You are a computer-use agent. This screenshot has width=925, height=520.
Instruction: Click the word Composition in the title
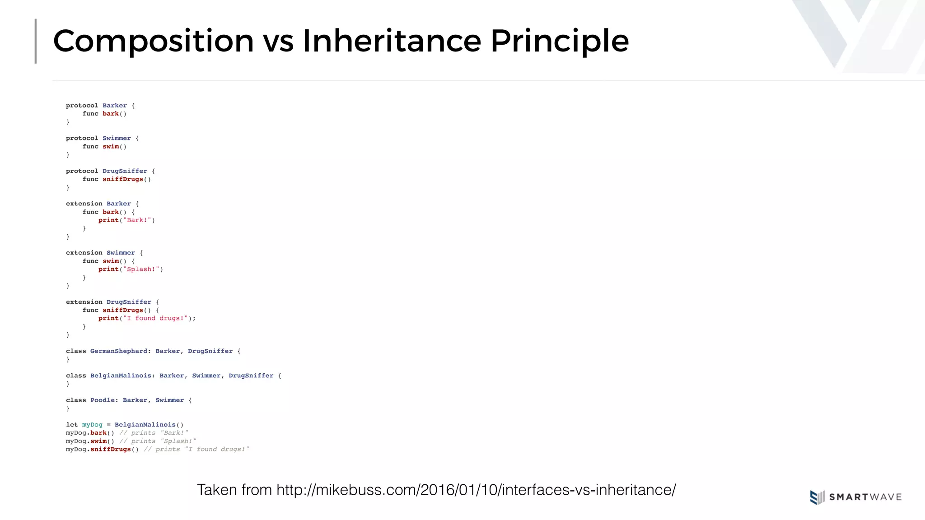[153, 42]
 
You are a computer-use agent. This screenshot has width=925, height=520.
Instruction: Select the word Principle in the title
[559, 42]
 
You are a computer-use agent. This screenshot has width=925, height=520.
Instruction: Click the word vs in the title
[278, 42]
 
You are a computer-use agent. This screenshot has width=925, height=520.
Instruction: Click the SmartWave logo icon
[817, 497]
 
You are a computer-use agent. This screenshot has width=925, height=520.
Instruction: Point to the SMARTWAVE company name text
[865, 497]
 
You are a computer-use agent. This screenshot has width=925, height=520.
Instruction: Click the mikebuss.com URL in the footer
[476, 490]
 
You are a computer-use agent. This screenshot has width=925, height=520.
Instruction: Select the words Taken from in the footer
[234, 490]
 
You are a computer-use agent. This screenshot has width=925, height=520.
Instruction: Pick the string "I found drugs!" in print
[155, 318]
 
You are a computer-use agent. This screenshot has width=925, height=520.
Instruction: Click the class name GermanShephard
[119, 351]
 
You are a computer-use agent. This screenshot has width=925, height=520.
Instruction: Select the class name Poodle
[103, 400]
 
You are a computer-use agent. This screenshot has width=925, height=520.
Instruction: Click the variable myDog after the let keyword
[92, 425]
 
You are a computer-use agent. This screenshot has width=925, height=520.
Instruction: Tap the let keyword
[72, 425]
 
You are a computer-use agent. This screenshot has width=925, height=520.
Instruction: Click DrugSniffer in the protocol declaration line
[125, 171]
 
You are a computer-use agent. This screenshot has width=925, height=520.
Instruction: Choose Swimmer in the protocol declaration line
[117, 138]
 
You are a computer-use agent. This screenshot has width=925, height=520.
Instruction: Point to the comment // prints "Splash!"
[158, 441]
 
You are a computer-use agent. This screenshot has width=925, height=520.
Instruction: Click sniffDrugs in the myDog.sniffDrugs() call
[111, 450]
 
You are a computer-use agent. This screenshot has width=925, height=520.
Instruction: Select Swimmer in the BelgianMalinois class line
[206, 376]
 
